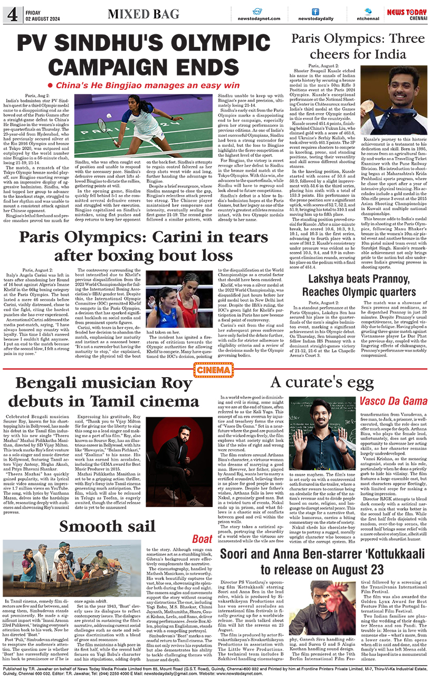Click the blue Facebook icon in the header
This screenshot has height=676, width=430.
pos(315,11)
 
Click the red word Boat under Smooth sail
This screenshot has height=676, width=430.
pos(202,539)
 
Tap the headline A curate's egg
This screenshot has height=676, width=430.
pos(322,382)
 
